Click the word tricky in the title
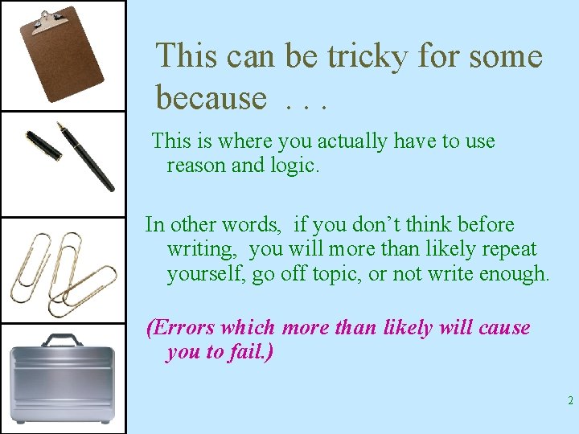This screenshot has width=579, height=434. coord(363,56)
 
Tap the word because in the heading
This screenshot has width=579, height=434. coord(210,97)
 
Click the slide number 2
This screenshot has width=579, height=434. coord(569,401)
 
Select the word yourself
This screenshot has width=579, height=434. coord(206,273)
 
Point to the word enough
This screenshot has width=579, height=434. coord(515,273)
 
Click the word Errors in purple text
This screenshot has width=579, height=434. coord(181,328)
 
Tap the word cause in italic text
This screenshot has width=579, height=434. coord(503,328)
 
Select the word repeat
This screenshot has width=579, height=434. coord(507,249)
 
